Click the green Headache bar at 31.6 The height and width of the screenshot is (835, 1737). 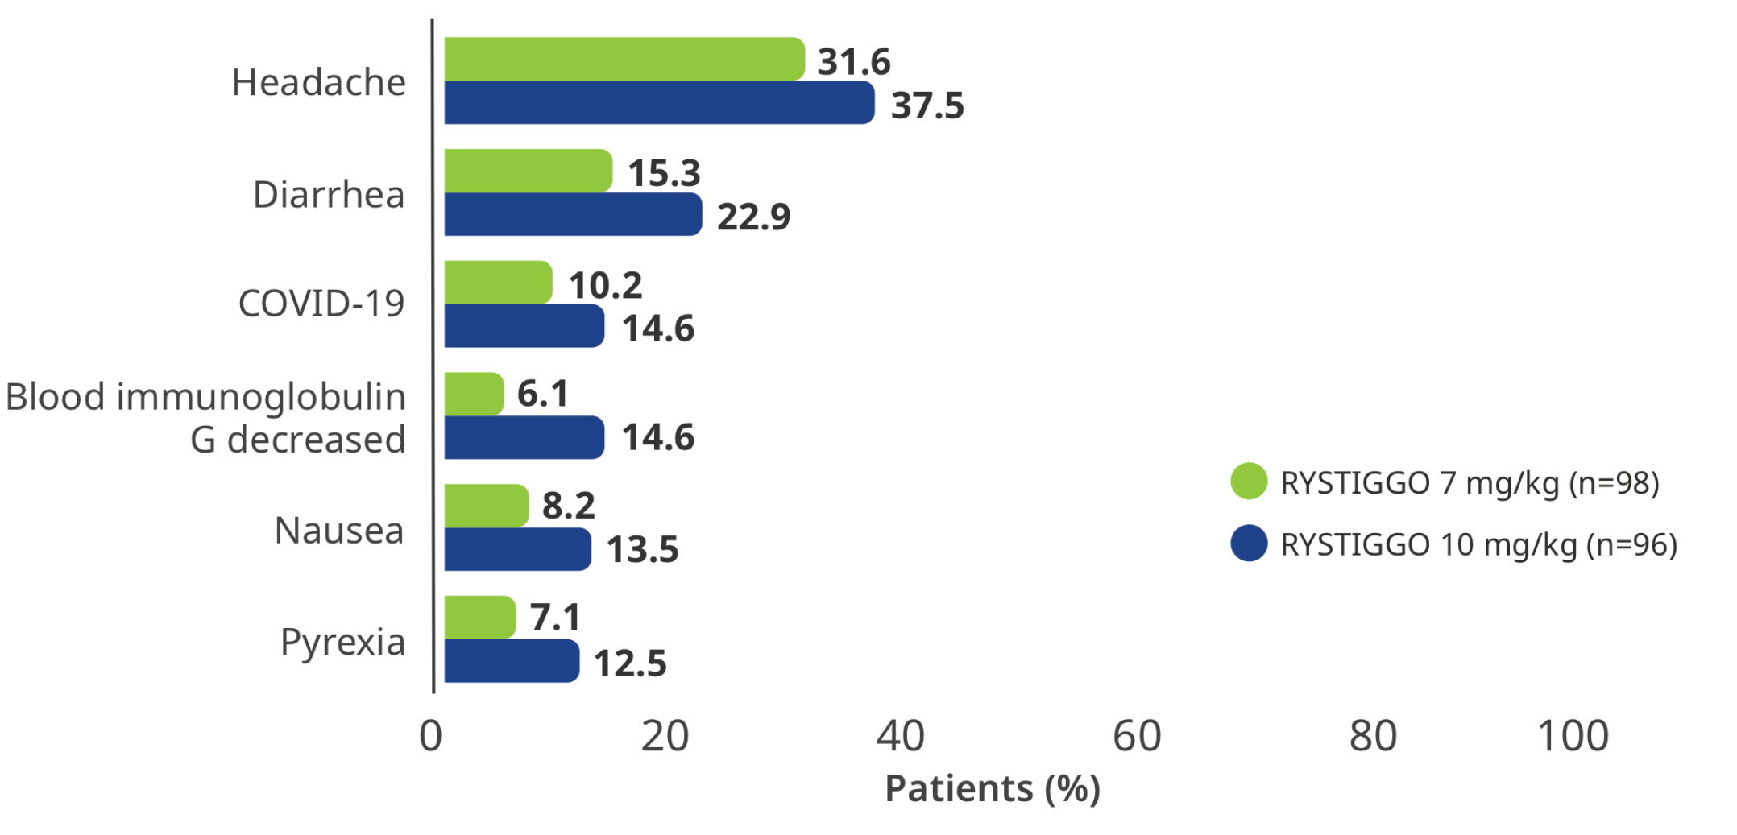pyautogui.click(x=624, y=59)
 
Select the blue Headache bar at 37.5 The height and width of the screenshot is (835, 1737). pyautogui.click(x=659, y=103)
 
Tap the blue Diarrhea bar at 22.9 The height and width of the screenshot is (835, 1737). pyautogui.click(x=573, y=214)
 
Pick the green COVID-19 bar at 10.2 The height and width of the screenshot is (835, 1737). pyautogui.click(x=498, y=283)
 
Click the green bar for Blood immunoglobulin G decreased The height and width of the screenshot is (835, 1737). pyautogui.click(x=474, y=394)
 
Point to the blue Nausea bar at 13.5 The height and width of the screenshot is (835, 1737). pyautogui.click(x=517, y=549)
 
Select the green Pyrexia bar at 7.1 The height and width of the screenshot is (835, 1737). pyautogui.click(x=479, y=618)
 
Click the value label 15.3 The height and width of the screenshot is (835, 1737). pyautogui.click(x=664, y=173)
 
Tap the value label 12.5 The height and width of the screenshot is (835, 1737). pyautogui.click(x=630, y=663)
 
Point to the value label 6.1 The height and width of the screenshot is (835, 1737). pyautogui.click(x=542, y=394)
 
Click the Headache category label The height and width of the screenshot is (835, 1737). pyautogui.click(x=319, y=82)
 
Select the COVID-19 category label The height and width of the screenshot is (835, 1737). pyautogui.click(x=321, y=304)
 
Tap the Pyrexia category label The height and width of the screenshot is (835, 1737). pyautogui.click(x=342, y=643)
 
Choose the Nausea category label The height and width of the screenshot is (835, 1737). pyautogui.click(x=339, y=531)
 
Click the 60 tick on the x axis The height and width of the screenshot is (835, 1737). pyautogui.click(x=1137, y=736)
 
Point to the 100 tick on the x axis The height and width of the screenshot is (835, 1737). pyautogui.click(x=1573, y=736)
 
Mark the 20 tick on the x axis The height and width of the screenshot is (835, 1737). pyautogui.click(x=665, y=736)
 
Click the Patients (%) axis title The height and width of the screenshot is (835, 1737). pyautogui.click(x=993, y=788)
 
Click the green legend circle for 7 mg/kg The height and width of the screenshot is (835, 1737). pyautogui.click(x=1249, y=482)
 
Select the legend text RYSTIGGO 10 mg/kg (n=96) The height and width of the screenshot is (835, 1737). pyautogui.click(x=1479, y=545)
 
